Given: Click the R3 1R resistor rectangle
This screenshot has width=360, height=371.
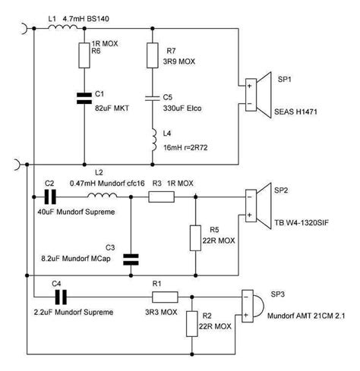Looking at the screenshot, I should coord(162,196).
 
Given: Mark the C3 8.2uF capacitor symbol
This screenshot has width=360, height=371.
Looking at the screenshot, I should coord(131,259).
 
